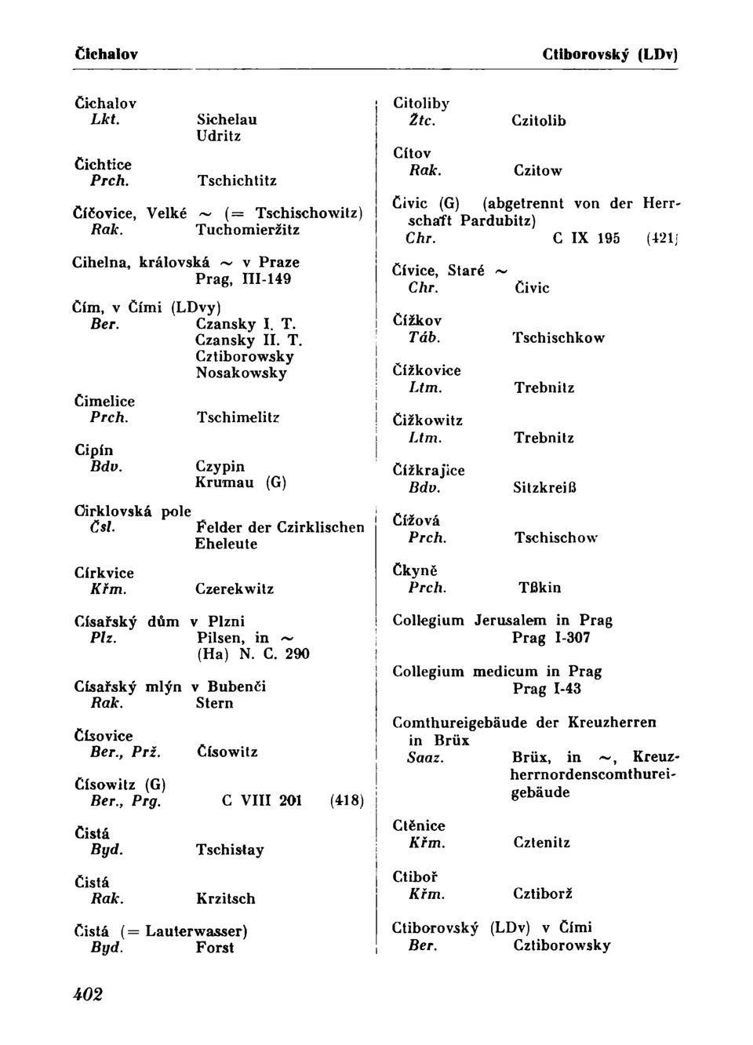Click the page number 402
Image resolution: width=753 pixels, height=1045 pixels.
[x=89, y=995]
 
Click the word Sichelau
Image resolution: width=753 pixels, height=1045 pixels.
[x=227, y=120]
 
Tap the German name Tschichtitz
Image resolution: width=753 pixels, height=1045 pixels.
[x=237, y=181]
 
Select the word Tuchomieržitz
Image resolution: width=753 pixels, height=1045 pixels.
[x=248, y=231]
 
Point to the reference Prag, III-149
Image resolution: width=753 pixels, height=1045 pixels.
[x=243, y=279]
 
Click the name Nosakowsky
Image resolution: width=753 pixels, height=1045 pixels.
[x=242, y=373]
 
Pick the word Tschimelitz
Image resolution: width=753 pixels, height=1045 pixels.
[x=238, y=418]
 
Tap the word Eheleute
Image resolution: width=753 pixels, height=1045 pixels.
[x=226, y=544]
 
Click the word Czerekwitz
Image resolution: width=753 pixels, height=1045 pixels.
[x=235, y=589]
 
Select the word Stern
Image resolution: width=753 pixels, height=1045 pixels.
[x=214, y=704]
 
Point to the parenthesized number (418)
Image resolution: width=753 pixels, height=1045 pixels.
[x=347, y=801]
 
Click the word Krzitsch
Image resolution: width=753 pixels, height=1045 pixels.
[x=225, y=899]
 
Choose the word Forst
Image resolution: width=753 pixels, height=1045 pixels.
[x=214, y=948]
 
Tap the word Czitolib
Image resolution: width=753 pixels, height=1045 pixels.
[x=538, y=122]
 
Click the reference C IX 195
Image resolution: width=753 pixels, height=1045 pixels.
[x=586, y=238]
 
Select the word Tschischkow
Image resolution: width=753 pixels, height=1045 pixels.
[x=558, y=338]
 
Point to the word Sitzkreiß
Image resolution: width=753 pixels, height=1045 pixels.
[x=544, y=488]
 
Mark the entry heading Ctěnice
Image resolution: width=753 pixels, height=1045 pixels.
[x=418, y=825]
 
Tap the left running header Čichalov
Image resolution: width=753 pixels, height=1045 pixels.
[x=106, y=55]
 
